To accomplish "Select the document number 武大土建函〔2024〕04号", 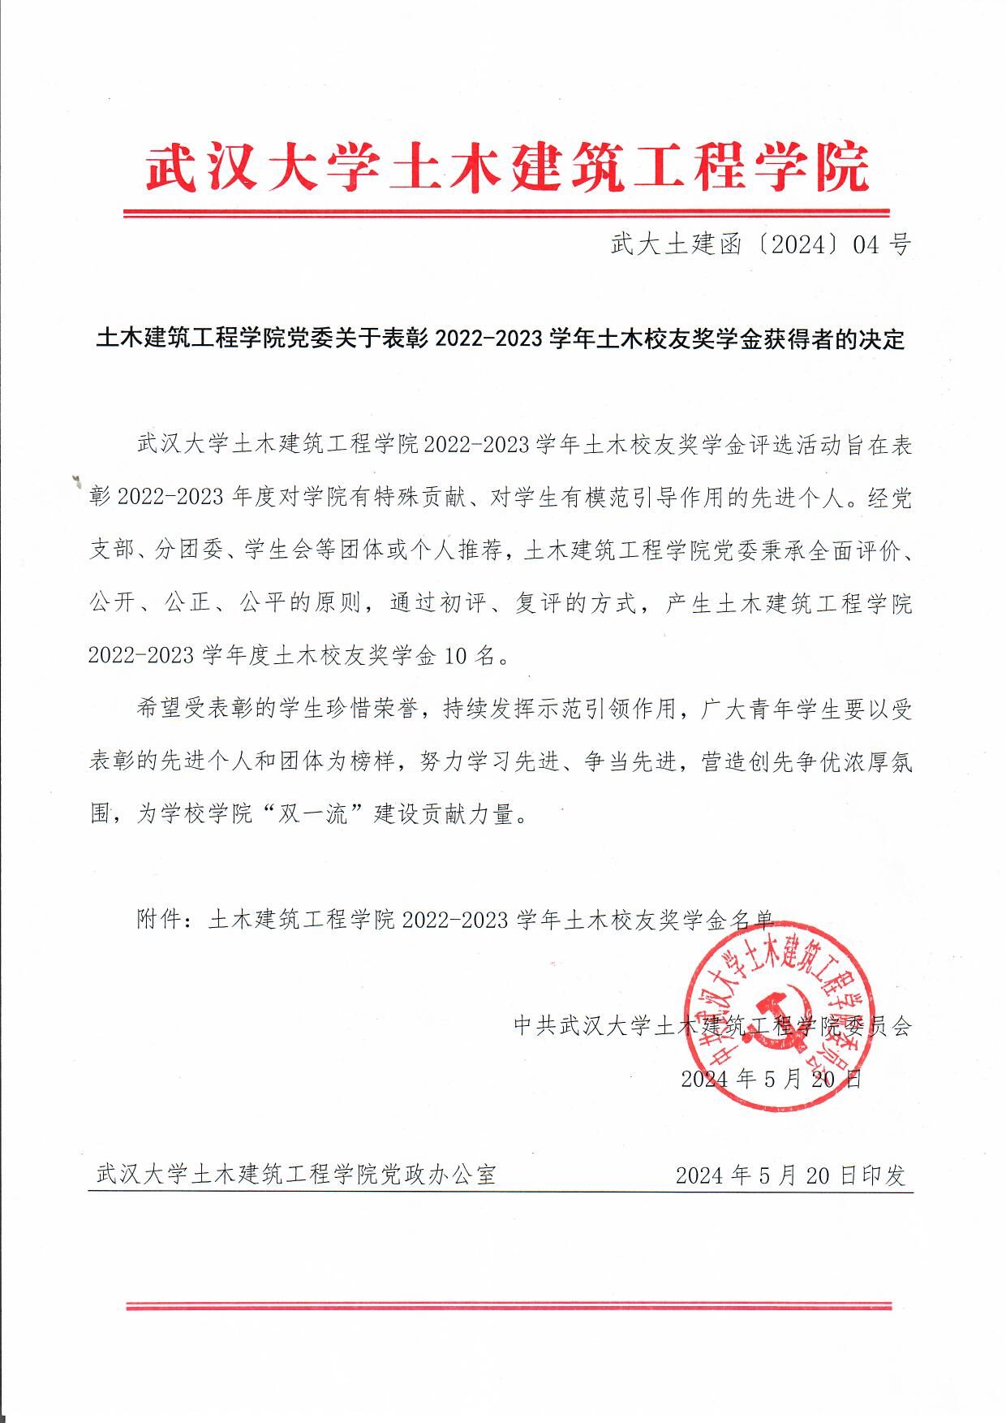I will coord(760,244).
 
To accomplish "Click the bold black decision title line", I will coord(500,339).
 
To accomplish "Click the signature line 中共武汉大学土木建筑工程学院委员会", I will coord(712,1026).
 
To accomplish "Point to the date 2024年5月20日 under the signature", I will coord(770,1079).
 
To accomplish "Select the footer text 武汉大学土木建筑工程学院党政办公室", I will coord(296,1175).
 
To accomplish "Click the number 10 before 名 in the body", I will coord(455,656).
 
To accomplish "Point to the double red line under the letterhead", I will coord(506,213).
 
